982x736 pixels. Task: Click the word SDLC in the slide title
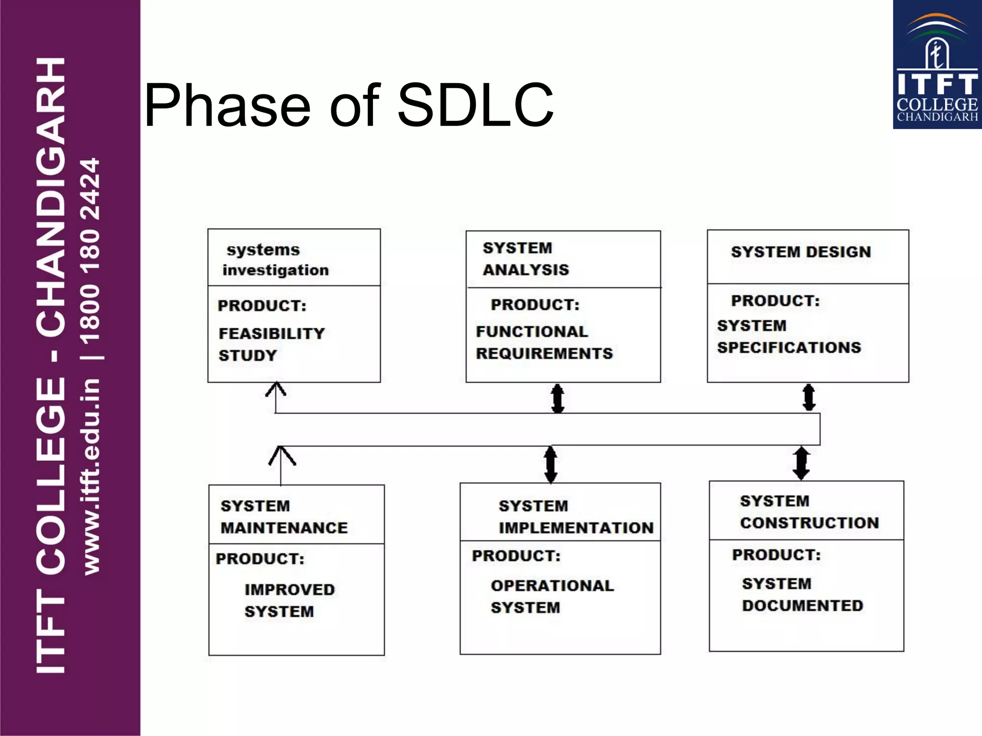[x=475, y=105]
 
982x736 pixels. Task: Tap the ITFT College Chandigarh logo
[x=937, y=65]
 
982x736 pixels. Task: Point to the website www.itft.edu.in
[x=91, y=476]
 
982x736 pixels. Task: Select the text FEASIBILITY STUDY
[x=271, y=344]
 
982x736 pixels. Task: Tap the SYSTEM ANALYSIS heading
[x=526, y=259]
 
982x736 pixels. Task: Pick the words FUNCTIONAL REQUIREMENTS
[x=544, y=342]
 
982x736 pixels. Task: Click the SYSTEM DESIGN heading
[x=801, y=252]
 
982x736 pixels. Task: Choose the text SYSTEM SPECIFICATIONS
[x=789, y=336]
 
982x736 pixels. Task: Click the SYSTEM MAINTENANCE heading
[x=284, y=517]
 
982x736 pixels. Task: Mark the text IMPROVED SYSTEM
[x=289, y=600]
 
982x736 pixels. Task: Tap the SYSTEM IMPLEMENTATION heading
[x=575, y=517]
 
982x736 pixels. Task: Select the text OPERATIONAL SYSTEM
[x=552, y=596]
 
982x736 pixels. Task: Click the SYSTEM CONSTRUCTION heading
[x=809, y=512]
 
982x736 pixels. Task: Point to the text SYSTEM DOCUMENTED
[x=802, y=595]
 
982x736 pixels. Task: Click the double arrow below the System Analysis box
[x=557, y=398]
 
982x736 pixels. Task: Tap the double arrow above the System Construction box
[x=801, y=463]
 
